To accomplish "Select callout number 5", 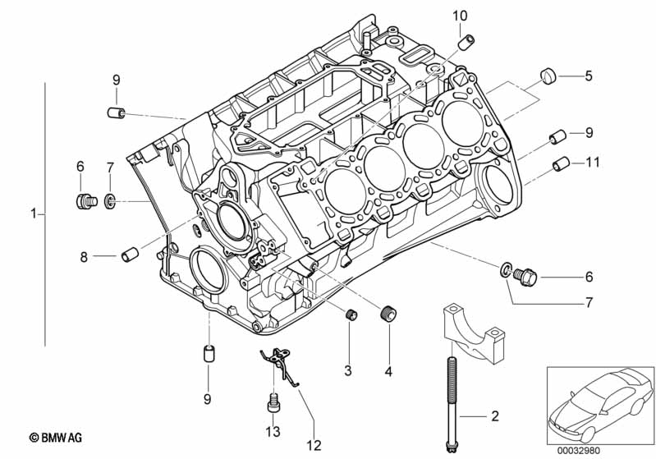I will [588, 76].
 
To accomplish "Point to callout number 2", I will [494, 417].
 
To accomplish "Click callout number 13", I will [273, 432].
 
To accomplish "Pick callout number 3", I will [347, 371].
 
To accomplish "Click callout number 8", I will [83, 256].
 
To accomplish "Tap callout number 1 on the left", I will [33, 214].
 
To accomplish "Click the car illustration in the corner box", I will [596, 402].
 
